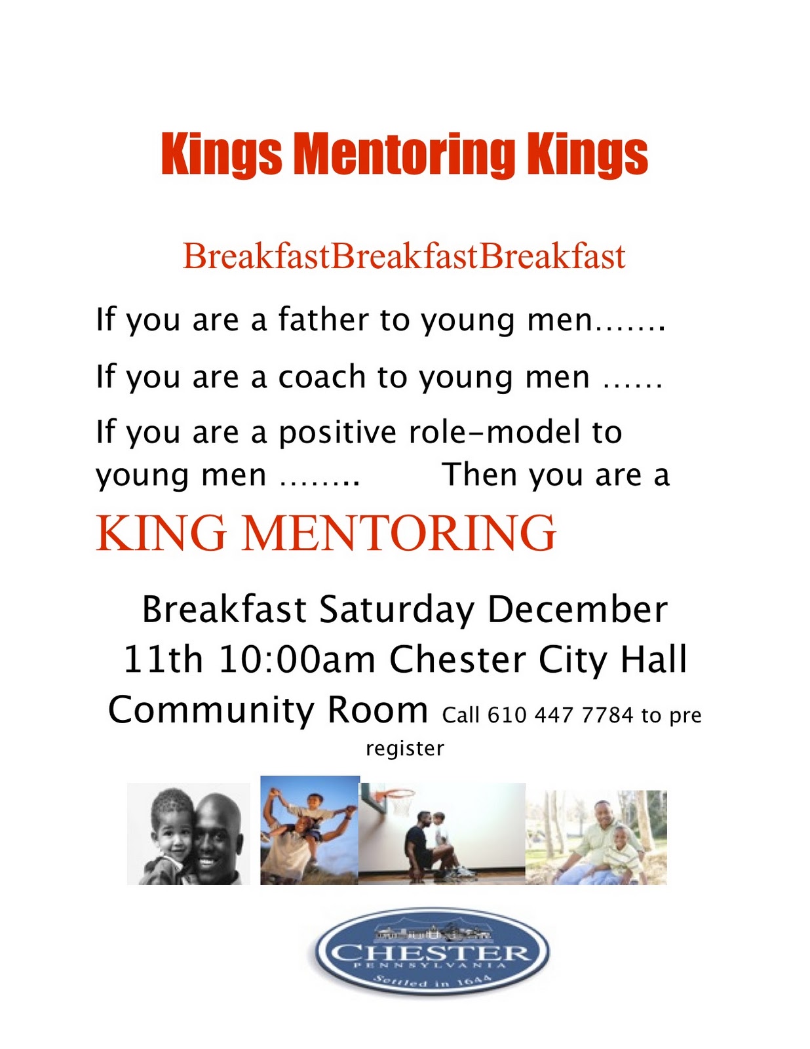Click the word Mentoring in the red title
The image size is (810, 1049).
(x=404, y=155)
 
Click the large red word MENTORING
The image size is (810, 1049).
(x=399, y=532)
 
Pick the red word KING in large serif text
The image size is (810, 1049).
(x=161, y=532)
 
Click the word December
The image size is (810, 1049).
(x=577, y=610)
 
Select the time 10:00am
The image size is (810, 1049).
(x=297, y=660)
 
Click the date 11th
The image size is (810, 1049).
(x=163, y=660)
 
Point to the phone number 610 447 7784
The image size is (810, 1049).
(x=560, y=715)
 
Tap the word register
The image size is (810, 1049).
(x=404, y=748)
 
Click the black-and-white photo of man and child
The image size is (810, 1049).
(x=189, y=833)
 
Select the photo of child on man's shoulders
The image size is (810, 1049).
(x=309, y=830)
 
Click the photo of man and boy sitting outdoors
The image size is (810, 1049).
(x=596, y=837)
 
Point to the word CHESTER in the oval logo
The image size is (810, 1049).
(x=431, y=952)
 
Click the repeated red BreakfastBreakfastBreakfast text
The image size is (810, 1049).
(x=404, y=256)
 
